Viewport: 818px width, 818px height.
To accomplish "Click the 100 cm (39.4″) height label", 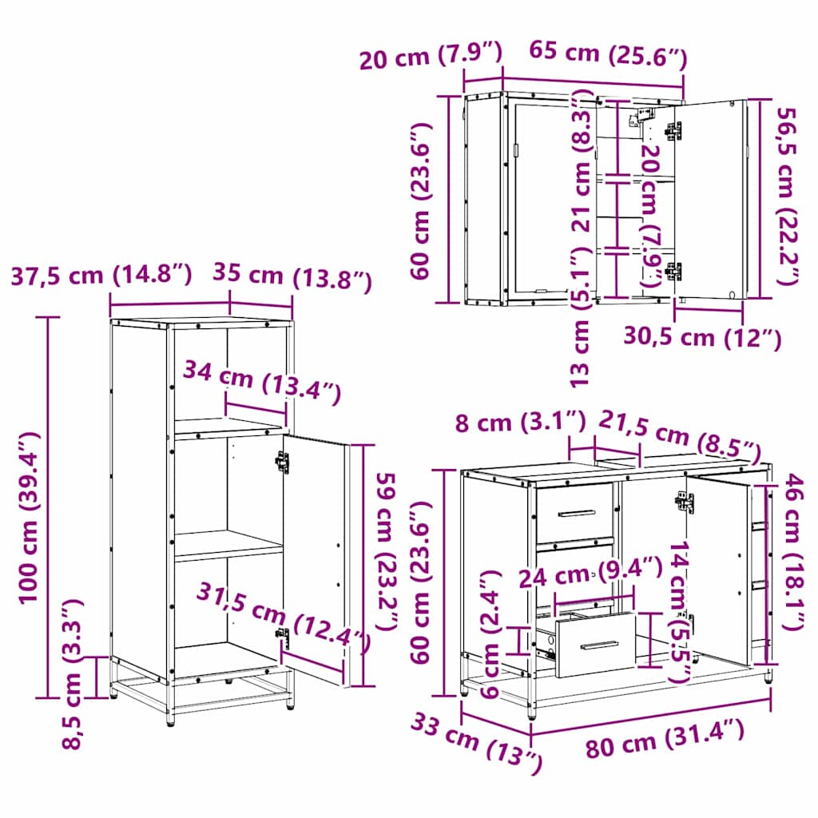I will pos(30,518).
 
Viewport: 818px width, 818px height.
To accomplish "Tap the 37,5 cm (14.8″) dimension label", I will pos(101,276).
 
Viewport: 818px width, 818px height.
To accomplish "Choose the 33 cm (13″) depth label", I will pos(477,743).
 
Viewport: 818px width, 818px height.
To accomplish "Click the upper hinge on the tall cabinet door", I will pos(282,463).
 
